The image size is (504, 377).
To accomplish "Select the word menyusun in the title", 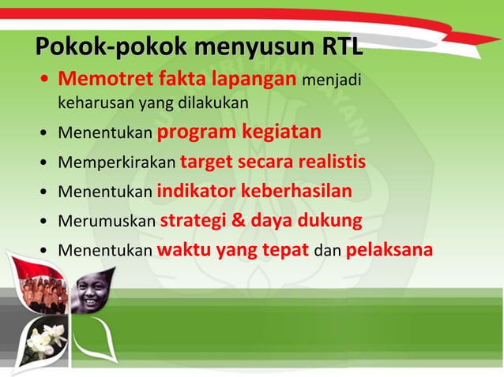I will point(231,47).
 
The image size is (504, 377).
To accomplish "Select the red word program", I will point(197,132).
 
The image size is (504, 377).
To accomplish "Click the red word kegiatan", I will point(282,131).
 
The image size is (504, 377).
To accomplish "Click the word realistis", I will point(331,162).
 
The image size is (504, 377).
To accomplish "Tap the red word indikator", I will point(196,192).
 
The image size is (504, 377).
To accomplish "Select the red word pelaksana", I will point(389,251).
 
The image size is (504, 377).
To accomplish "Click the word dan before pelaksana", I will point(327,252).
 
